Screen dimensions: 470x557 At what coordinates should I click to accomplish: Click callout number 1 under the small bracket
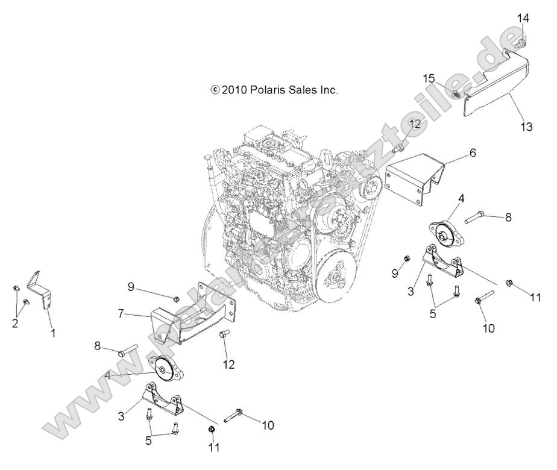point(52,333)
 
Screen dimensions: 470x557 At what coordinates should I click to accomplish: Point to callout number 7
point(122,313)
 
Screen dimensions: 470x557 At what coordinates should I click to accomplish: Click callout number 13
point(526,127)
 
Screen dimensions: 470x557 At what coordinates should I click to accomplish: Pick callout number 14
point(523,19)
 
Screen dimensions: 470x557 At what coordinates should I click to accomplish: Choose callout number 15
point(445,78)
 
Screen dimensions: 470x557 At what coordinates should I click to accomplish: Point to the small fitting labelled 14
point(521,42)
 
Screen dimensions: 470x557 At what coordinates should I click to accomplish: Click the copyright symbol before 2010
point(214,90)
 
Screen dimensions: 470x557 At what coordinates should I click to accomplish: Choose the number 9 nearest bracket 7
point(130,287)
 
